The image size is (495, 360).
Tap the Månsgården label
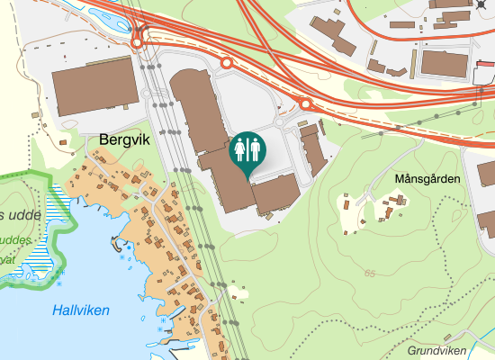pyautogui.click(x=427, y=179)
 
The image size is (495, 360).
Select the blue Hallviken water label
pyautogui.click(x=81, y=310)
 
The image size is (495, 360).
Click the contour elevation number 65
pyautogui.click(x=371, y=273)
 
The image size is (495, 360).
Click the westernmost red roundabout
pyautogui.click(x=138, y=41)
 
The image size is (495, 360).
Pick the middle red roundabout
pyautogui.click(x=227, y=63)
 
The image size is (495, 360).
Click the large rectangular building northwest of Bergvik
pyautogui.click(x=94, y=89)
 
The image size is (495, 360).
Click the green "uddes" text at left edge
pyautogui.click(x=16, y=241)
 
